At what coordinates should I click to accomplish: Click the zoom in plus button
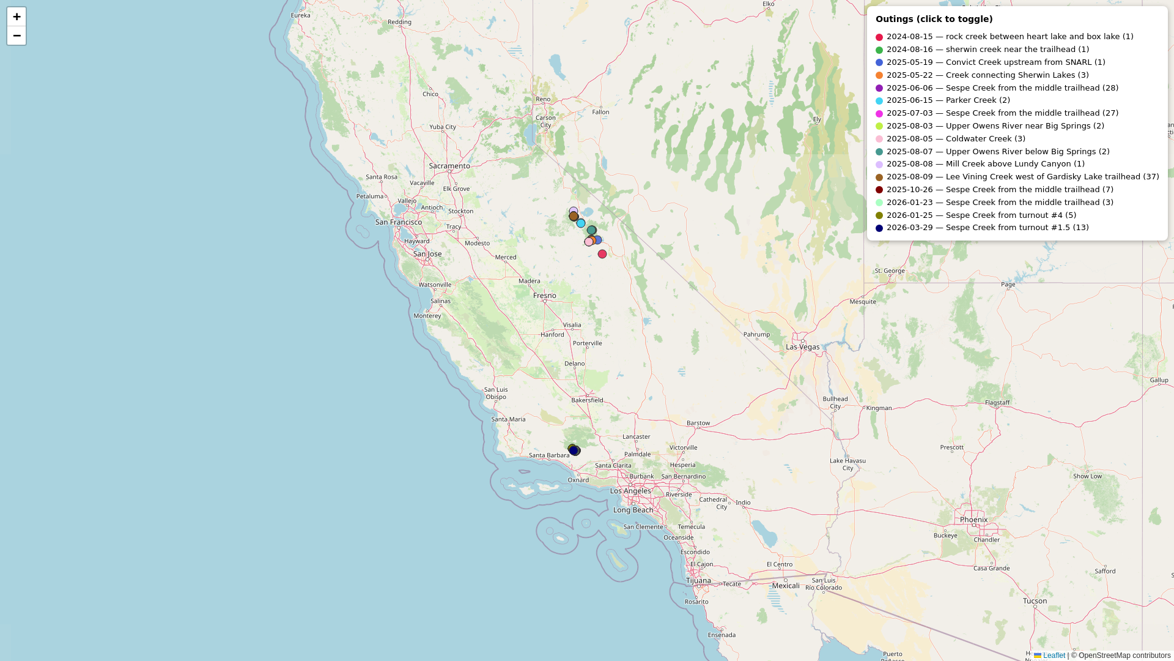17,17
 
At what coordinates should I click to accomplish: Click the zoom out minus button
17,35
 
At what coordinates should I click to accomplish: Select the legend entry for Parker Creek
948,100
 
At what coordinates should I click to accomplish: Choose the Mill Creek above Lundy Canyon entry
985,164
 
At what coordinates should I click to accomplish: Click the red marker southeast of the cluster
602,254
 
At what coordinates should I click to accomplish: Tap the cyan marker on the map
581,223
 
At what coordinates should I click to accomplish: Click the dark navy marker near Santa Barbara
574,451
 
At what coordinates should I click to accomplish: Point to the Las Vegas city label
802,347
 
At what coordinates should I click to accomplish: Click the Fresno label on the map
544,296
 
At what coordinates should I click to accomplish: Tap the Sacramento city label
449,166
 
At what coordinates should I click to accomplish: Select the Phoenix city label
973,520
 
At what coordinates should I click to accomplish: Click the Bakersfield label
587,400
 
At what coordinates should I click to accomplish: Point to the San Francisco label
398,222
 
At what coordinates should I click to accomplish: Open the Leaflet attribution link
1054,655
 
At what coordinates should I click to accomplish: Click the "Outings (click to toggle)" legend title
934,19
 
